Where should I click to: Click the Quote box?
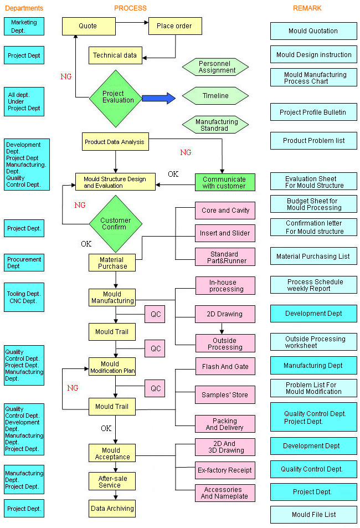click(x=88, y=26)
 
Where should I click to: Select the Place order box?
click(x=174, y=26)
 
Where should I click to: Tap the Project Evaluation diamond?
click(x=116, y=97)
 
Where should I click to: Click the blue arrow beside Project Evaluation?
click(x=158, y=98)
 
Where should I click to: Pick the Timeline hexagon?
click(x=215, y=96)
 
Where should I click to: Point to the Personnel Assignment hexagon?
click(x=215, y=67)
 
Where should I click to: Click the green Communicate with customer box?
click(x=224, y=182)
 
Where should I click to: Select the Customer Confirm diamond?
click(x=116, y=223)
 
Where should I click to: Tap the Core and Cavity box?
click(x=225, y=211)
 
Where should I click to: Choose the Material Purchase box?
click(x=112, y=263)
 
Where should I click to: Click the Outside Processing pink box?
click(x=225, y=344)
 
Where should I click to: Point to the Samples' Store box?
click(x=225, y=395)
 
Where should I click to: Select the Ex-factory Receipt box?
click(x=225, y=470)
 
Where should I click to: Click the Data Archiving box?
click(x=112, y=508)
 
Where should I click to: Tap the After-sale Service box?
click(x=112, y=481)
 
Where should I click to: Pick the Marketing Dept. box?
click(x=24, y=26)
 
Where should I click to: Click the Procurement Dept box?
click(x=24, y=263)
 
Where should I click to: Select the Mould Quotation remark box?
click(x=313, y=31)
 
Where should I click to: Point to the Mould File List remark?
click(x=313, y=515)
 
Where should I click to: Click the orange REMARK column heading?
click(x=307, y=8)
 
